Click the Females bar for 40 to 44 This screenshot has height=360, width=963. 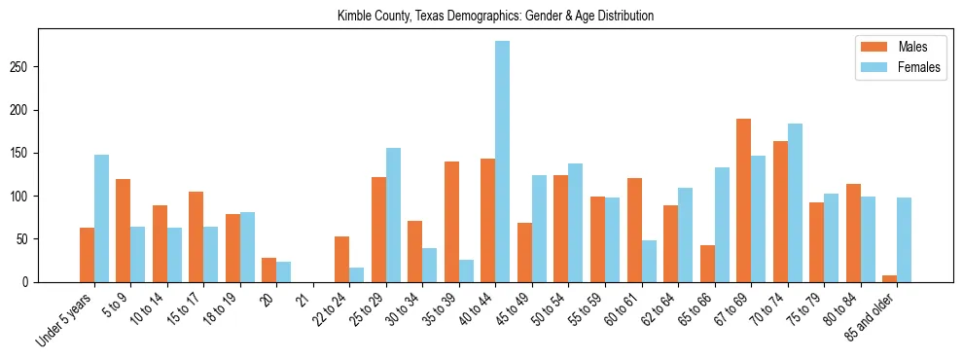[x=502, y=162]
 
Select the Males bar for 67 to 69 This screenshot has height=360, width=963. [x=743, y=200]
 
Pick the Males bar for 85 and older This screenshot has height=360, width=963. [x=889, y=278]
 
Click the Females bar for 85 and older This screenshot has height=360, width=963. [x=904, y=239]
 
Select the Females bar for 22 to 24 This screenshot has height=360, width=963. [x=357, y=274]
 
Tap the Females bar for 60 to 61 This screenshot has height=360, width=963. [x=649, y=261]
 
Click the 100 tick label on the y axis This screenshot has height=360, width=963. [x=25, y=196]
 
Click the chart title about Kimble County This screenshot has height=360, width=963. [x=495, y=16]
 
